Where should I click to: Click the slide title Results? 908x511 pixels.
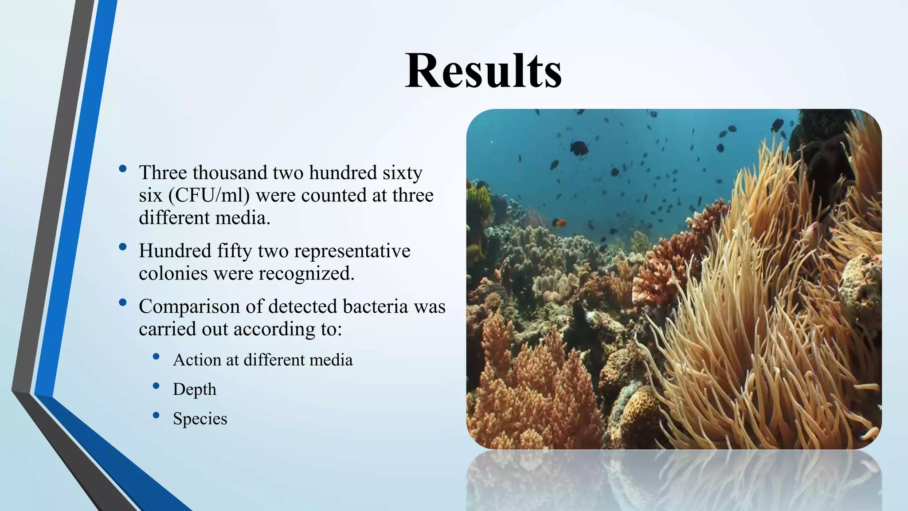pyautogui.click(x=483, y=71)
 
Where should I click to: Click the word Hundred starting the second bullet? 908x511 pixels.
pyautogui.click(x=175, y=251)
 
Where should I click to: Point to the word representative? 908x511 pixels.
pyautogui.click(x=352, y=251)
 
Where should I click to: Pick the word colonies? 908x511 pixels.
pyautogui.click(x=173, y=273)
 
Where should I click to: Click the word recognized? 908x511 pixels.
pyautogui.click(x=306, y=273)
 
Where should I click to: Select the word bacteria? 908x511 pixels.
pyautogui.click(x=375, y=307)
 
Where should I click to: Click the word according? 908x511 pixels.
pyautogui.click(x=273, y=329)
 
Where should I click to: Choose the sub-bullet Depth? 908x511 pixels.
pyautogui.click(x=195, y=389)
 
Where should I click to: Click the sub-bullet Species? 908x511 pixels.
pyautogui.click(x=200, y=418)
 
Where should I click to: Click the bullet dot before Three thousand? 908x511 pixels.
pyautogui.click(x=123, y=169)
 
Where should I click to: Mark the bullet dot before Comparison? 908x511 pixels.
pyautogui.click(x=123, y=303)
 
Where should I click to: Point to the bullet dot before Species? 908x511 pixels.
pyautogui.click(x=156, y=415)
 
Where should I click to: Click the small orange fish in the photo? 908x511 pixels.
pyautogui.click(x=560, y=222)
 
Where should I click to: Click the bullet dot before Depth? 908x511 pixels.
pyautogui.click(x=156, y=386)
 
